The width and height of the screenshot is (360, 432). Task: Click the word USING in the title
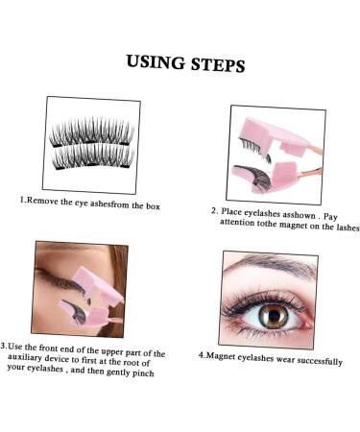coord(156,64)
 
